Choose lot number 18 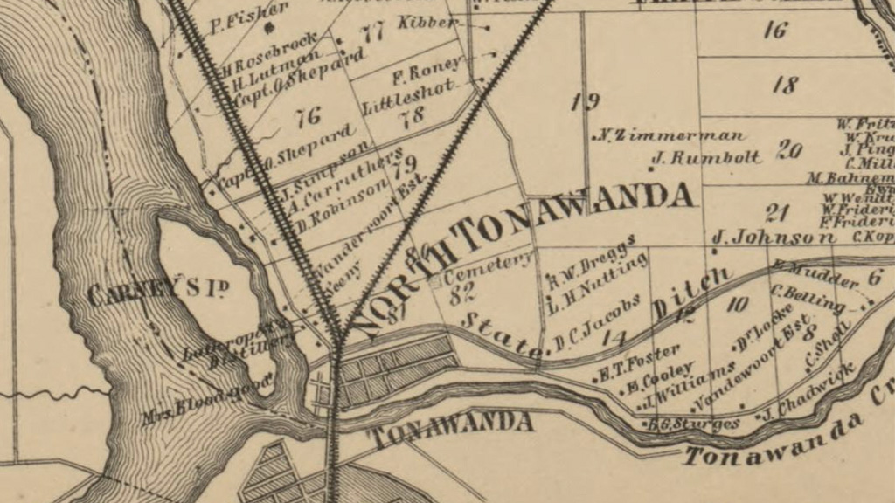coord(786,85)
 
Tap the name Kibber coord(427,22)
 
